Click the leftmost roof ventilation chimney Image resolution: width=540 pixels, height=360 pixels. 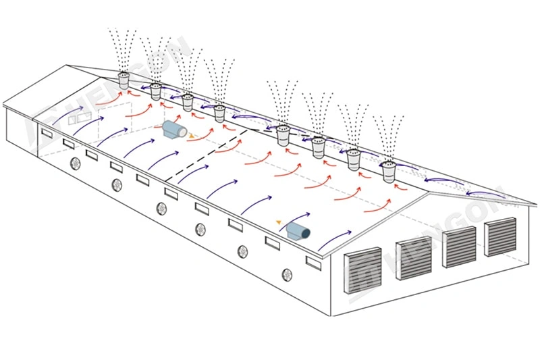tap(124, 80)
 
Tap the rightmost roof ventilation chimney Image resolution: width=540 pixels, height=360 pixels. tap(388, 172)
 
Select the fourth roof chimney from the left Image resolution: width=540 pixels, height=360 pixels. tap(220, 113)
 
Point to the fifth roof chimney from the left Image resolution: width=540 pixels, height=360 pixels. tap(283, 134)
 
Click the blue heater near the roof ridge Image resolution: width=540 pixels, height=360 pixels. tap(174, 130)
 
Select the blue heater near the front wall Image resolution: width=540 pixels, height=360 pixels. tap(298, 232)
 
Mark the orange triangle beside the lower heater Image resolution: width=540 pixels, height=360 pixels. tap(279, 221)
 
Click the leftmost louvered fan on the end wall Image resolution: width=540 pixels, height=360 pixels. tap(362, 271)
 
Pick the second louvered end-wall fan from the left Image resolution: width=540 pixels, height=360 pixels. tap(412, 258)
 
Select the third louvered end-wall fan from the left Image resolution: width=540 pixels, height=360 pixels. tap(459, 247)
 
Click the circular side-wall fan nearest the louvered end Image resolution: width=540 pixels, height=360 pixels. tap(287, 275)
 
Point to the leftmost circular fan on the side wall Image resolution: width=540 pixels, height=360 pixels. tap(76, 162)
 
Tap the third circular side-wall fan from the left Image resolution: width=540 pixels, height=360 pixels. tap(161, 207)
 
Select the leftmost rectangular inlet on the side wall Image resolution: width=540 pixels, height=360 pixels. tap(47, 133)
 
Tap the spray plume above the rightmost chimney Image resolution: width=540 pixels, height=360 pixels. tap(388, 138)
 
